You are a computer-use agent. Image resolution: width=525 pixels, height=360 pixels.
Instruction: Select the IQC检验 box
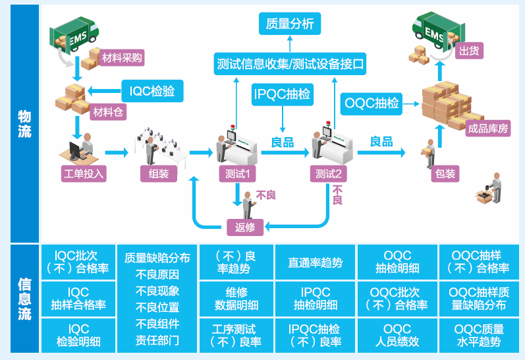tap(152, 91)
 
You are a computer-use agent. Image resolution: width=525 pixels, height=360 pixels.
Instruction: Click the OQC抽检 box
tap(372, 104)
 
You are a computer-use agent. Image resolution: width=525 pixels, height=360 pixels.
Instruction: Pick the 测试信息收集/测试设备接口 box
tap(290, 64)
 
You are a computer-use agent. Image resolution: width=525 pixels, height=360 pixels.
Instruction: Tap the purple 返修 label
tap(245, 227)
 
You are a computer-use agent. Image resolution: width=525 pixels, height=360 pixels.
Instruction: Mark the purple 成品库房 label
tap(487, 129)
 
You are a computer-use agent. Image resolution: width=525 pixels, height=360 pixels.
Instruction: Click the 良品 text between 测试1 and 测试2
tap(283, 142)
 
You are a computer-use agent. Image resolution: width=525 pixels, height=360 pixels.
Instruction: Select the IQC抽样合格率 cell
tap(78, 299)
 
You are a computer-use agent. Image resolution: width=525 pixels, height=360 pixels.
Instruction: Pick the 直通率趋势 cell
tap(315, 262)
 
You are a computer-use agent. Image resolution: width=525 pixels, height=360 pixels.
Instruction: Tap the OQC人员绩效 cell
tap(397, 335)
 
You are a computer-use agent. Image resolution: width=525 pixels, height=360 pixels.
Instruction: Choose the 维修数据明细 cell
tap(236, 299)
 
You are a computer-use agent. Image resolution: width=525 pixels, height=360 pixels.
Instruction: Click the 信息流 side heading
tap(24, 300)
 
